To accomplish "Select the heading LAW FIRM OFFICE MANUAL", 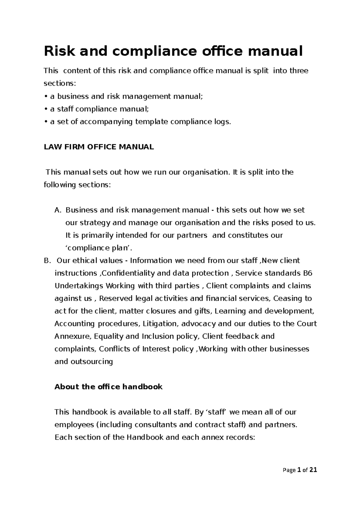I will pos(99,147).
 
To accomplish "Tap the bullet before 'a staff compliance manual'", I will pos(46,109).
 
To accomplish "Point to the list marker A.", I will pos(58,210).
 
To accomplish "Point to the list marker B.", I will pos(46,260).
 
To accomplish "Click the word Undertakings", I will pos(79,286).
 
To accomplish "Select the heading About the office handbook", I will pos(108,387).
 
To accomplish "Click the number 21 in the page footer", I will pos(313,470).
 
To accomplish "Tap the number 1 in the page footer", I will pos(299,470).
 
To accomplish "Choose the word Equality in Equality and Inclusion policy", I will pos(108,336).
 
